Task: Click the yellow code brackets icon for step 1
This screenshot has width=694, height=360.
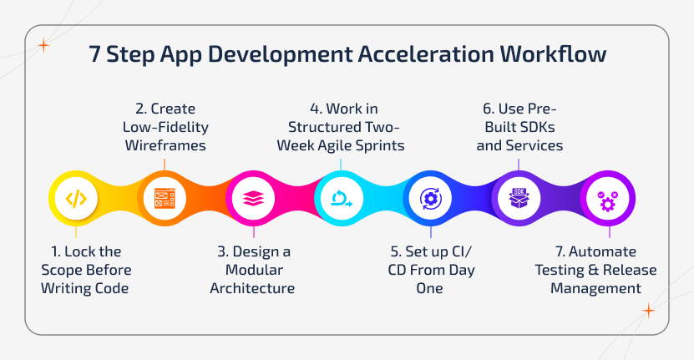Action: click(76, 199)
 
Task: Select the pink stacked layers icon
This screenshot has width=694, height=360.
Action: click(253, 199)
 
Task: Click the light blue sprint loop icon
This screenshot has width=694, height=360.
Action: click(342, 199)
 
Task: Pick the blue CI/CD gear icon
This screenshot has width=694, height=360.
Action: click(430, 199)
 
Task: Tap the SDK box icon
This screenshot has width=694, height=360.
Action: click(519, 199)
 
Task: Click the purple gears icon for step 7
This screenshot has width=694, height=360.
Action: click(607, 199)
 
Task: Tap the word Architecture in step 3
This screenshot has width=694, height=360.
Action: click(254, 289)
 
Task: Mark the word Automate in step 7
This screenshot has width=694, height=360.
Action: click(606, 251)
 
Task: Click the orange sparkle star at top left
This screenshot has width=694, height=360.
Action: click(43, 45)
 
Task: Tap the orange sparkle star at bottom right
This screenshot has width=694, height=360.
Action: click(647, 311)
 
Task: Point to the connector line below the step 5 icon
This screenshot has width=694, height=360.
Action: click(430, 232)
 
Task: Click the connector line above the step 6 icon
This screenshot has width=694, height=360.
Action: click(519, 164)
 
